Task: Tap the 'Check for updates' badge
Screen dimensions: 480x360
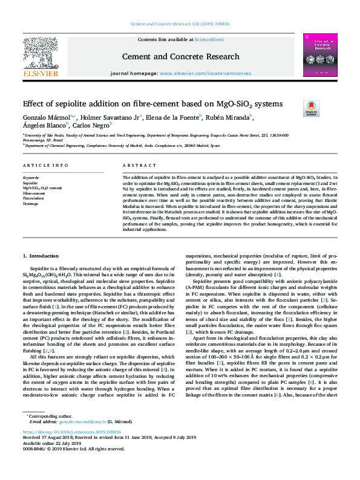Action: pyautogui.click(x=311, y=108)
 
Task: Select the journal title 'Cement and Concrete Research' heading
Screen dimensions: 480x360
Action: pyautogui.click(x=180, y=56)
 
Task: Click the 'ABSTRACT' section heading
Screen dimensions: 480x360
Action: pyautogui.click(x=136, y=166)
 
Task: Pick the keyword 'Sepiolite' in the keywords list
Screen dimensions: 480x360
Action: pyautogui.click(x=30, y=182)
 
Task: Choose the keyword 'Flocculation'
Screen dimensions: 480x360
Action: pyautogui.click(x=34, y=198)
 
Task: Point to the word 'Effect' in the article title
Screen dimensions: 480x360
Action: pyautogui.click(x=35, y=104)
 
